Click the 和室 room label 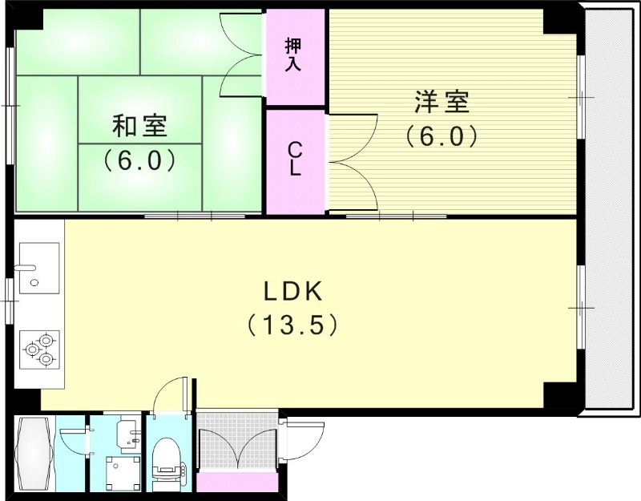tap(139, 126)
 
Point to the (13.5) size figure tap(289, 325)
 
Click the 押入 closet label tap(294, 56)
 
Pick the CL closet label tap(295, 159)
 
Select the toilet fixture tap(167, 464)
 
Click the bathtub tap(34, 455)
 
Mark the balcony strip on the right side tap(611, 208)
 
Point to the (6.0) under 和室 tap(139, 160)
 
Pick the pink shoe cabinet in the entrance tap(236, 483)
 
